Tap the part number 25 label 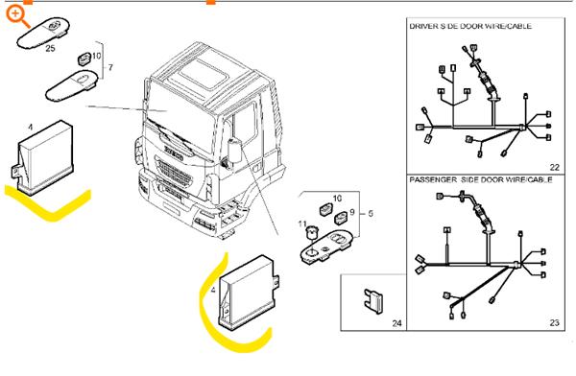(x=51, y=48)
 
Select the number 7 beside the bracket (x=110, y=68)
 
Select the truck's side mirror (x=233, y=149)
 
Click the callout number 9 (x=351, y=212)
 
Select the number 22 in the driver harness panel (x=555, y=167)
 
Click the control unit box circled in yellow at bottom (x=249, y=290)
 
